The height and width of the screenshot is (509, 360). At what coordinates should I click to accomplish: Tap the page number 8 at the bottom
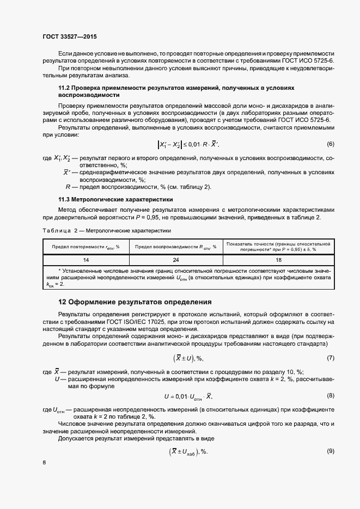click(x=44, y=463)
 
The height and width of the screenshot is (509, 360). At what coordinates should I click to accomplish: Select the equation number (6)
click(x=330, y=144)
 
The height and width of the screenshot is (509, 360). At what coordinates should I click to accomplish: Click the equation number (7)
click(x=330, y=358)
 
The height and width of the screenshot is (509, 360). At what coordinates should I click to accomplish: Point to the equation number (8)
click(x=330, y=396)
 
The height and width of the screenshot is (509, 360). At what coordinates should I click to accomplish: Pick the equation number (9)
click(x=330, y=451)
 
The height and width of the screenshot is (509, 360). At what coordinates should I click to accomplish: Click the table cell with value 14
click(x=86, y=260)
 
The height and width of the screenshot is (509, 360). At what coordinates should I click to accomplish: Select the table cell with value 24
click(x=175, y=260)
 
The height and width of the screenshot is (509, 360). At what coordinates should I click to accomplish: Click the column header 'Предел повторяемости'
click(x=86, y=247)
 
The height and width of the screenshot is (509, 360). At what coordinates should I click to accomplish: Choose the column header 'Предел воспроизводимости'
click(x=175, y=247)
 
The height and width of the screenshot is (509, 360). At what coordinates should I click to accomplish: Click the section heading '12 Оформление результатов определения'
click(x=135, y=302)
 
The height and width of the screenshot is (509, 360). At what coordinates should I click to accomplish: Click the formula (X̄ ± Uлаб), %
click(x=188, y=451)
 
